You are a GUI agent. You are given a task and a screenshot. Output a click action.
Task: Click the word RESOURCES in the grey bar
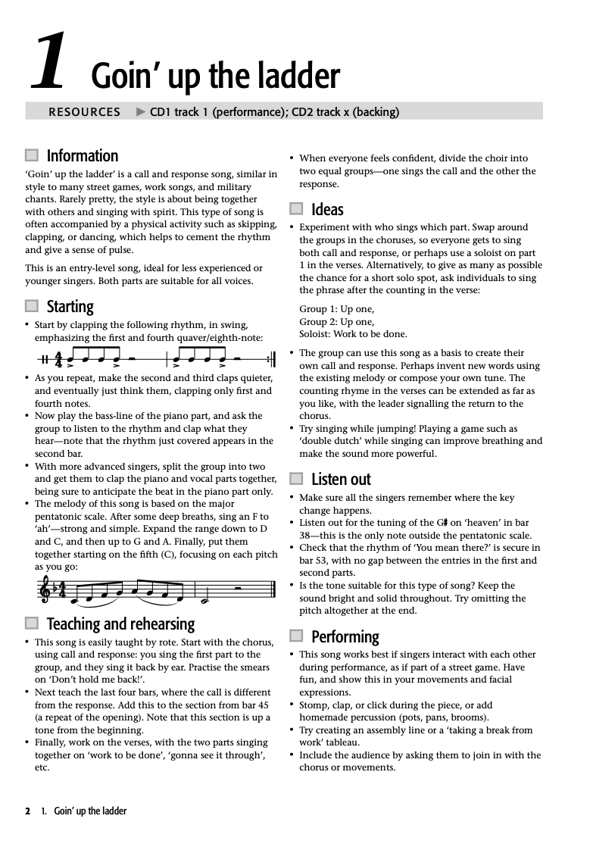(x=84, y=112)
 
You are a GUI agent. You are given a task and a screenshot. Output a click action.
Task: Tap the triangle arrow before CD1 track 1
(x=140, y=112)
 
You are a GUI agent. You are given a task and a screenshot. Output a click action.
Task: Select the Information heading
(x=83, y=156)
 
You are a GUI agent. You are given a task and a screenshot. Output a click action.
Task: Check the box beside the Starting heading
(x=31, y=306)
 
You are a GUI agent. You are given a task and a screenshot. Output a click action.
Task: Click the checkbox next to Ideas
(x=296, y=209)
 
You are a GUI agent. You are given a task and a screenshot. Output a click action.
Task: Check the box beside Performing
(x=296, y=636)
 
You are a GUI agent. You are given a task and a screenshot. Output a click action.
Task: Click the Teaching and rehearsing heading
(x=120, y=624)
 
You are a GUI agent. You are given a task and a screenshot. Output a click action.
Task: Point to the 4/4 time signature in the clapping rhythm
(x=58, y=359)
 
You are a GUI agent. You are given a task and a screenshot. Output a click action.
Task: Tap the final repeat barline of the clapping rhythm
(x=271, y=359)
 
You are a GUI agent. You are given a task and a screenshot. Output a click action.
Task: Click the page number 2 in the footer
(x=28, y=811)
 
